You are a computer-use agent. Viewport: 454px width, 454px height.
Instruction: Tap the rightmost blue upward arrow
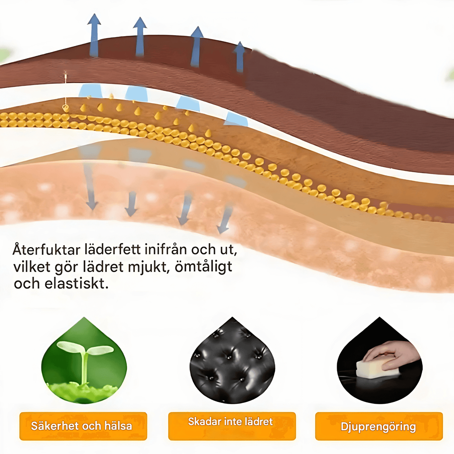(240, 57)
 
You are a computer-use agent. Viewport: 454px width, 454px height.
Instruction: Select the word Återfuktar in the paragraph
(46, 250)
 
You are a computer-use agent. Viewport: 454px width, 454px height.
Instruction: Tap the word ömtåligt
(203, 267)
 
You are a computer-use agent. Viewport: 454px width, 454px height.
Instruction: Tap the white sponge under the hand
(377, 368)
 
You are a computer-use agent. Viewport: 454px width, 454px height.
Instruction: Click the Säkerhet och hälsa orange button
(83, 426)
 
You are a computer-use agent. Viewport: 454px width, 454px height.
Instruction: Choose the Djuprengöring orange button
(379, 426)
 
